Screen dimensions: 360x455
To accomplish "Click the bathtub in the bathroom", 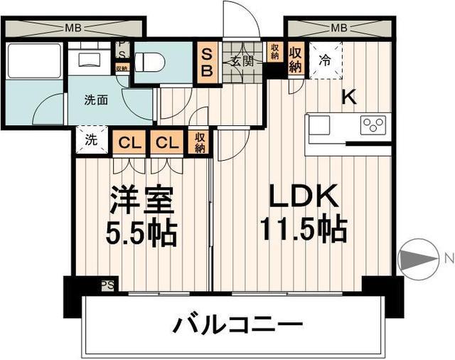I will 34,61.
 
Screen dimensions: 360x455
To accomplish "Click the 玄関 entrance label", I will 240,61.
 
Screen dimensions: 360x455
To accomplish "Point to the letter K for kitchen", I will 349,98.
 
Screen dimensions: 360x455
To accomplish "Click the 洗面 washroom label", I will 97,100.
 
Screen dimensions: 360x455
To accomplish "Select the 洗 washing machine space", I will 91,139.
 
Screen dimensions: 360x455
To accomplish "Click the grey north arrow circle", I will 415,258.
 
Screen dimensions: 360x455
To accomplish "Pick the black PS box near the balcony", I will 107,285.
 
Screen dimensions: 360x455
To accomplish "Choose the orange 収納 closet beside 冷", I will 296,59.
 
